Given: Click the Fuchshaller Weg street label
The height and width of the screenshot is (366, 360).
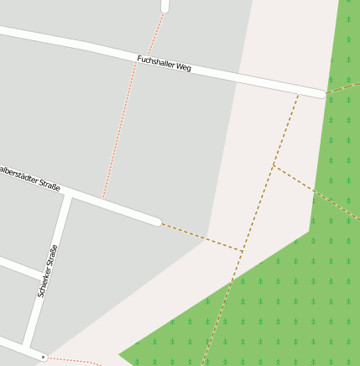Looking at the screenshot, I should [x=164, y=64].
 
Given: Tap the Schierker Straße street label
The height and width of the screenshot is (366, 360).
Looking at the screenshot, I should [x=48, y=271].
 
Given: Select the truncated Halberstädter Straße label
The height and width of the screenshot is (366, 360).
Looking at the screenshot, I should [x=29, y=179].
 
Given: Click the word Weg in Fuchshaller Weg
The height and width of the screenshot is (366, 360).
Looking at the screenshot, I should [x=183, y=67].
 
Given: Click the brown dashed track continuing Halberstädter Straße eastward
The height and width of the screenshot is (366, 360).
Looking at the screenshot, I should [x=201, y=237].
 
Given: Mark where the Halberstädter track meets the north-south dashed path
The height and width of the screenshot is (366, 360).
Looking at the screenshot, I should [x=243, y=251].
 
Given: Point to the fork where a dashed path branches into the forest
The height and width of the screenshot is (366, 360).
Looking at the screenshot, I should [x=274, y=165].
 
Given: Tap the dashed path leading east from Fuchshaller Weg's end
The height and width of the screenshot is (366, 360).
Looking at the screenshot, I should [x=342, y=87].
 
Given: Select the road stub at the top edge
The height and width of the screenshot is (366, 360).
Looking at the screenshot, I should [x=164, y=5].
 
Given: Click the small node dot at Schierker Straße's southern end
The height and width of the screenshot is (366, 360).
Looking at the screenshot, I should [x=44, y=356].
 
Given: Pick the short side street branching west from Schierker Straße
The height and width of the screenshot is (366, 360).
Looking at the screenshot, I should [x=18, y=268].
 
